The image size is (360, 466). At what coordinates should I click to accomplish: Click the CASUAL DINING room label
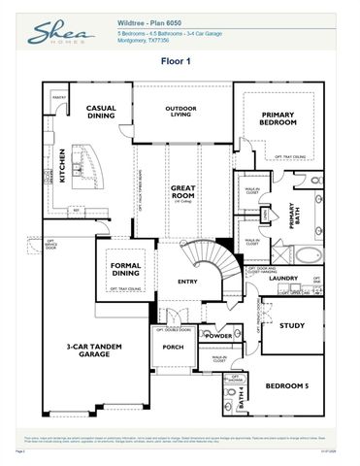[x=101, y=114]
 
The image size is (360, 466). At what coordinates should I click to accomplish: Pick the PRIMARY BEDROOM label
[x=277, y=119]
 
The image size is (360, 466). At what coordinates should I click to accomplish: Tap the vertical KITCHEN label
[x=61, y=164]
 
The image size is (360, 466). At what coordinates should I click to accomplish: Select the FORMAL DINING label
[x=125, y=269]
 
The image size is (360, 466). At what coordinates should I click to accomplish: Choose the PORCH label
[x=174, y=347]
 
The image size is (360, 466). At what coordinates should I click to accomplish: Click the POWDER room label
[x=218, y=336]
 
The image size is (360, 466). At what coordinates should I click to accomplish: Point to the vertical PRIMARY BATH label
[x=289, y=216]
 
